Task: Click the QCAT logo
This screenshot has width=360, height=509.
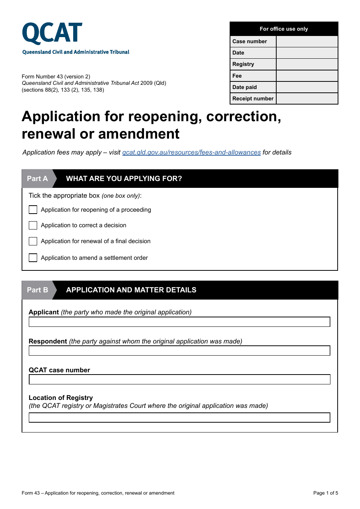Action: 52,34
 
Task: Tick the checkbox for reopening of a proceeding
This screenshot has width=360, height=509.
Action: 33,210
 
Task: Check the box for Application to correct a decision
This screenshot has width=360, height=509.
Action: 33,225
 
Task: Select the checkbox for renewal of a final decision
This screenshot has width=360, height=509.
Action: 33,241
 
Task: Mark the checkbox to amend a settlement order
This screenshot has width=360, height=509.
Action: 33,258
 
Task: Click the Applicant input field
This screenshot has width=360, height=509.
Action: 179,322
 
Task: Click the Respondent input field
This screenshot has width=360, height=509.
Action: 179,351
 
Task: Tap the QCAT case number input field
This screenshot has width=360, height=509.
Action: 179,379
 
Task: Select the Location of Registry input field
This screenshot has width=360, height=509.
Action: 179,418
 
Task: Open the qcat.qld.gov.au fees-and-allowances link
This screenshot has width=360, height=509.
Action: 191,152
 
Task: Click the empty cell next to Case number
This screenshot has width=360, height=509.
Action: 307,41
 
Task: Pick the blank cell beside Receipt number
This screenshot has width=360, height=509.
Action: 307,98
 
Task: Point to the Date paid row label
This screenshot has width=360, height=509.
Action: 245,87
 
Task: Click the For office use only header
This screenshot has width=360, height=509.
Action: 283,29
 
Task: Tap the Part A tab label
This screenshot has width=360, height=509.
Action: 38,179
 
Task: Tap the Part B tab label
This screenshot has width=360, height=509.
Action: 38,290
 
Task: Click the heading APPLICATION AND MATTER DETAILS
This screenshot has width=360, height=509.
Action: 131,290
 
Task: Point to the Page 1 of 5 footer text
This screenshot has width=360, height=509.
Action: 326,493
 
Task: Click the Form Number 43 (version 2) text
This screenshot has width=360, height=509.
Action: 56,77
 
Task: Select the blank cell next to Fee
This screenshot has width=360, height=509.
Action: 307,76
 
